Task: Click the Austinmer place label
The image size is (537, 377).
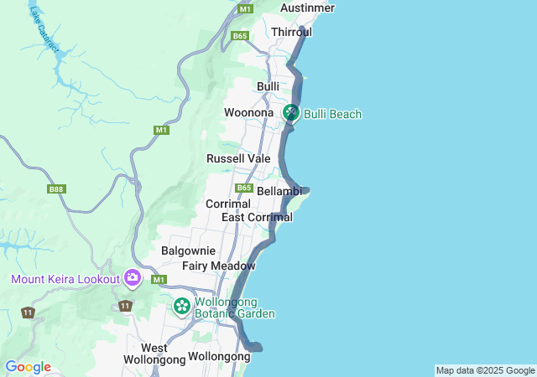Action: (308, 8)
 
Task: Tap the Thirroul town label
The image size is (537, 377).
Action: (291, 32)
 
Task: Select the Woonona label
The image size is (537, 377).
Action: (249, 112)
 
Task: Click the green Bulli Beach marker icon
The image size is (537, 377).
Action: (291, 112)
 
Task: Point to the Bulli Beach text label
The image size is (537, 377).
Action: (333, 114)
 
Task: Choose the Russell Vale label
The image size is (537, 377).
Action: (238, 158)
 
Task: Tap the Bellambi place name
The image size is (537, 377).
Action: (279, 192)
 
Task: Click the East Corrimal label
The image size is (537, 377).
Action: (257, 218)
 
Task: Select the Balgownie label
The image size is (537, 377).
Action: (188, 250)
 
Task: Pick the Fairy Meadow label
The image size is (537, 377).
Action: (218, 266)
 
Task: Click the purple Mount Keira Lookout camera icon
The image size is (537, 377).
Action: (133, 277)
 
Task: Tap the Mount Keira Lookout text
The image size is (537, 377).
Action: (65, 278)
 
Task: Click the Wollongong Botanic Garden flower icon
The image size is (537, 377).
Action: (181, 307)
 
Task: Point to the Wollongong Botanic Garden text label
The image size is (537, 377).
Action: (234, 308)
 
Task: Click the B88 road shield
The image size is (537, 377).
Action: (56, 190)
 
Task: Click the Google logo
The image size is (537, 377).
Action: (28, 367)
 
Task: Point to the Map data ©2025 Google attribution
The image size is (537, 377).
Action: (485, 370)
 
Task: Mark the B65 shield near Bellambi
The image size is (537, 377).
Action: (244, 188)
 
